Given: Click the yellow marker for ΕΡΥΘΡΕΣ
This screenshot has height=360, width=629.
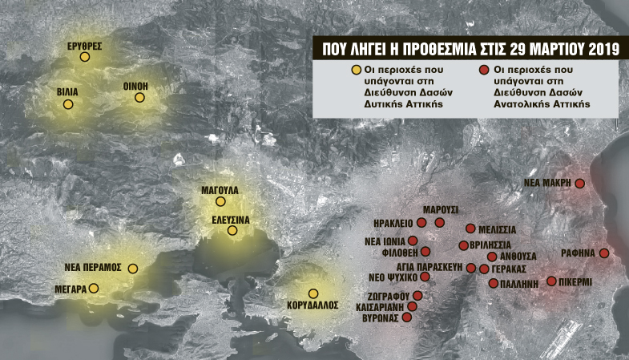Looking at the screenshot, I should [84, 57].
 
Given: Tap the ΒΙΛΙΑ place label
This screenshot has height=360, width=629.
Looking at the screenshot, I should [67, 92].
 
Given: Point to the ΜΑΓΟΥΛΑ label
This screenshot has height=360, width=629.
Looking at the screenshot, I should [220, 190].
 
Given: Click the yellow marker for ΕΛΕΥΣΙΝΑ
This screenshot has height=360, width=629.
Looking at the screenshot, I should [232, 231].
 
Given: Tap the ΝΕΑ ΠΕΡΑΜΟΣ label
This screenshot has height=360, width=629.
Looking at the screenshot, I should [92, 267].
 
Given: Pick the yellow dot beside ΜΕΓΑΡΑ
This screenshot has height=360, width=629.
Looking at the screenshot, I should [94, 288].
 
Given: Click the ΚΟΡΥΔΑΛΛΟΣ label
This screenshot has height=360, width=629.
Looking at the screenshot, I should [312, 305].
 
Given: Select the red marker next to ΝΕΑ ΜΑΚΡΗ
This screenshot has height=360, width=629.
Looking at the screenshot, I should [580, 184].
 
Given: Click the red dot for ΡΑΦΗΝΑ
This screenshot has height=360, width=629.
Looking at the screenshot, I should [604, 253].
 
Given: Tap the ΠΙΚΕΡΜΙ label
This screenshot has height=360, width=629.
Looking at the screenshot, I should [575, 282].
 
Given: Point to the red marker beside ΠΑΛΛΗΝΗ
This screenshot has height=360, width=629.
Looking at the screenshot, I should [493, 283].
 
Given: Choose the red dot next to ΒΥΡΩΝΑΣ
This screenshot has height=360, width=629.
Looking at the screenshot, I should [406, 318].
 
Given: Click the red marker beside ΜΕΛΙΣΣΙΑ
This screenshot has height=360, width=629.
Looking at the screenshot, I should [470, 229].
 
